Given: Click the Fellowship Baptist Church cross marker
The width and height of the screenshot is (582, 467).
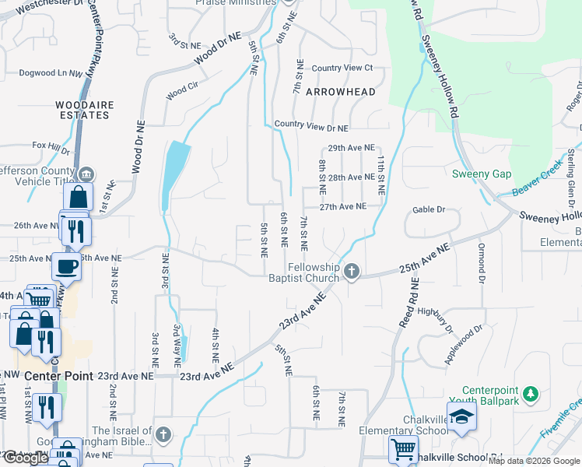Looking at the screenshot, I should click(352, 271).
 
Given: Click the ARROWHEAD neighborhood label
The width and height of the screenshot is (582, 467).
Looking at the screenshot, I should click(341, 92).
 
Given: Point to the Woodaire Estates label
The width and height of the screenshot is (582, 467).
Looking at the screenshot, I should click(82, 110).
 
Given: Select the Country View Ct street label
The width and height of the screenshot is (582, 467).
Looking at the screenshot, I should click(342, 68).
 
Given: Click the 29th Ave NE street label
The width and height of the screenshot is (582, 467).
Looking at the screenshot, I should click(352, 148).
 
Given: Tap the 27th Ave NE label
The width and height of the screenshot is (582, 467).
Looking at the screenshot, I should click(342, 206).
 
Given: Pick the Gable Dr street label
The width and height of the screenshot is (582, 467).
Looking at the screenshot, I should click(429, 209).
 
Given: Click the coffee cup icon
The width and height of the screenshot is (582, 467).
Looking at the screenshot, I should click(66, 266).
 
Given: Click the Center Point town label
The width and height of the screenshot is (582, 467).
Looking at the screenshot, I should click(59, 376).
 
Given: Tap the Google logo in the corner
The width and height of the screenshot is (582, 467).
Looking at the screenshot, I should click(26, 458).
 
